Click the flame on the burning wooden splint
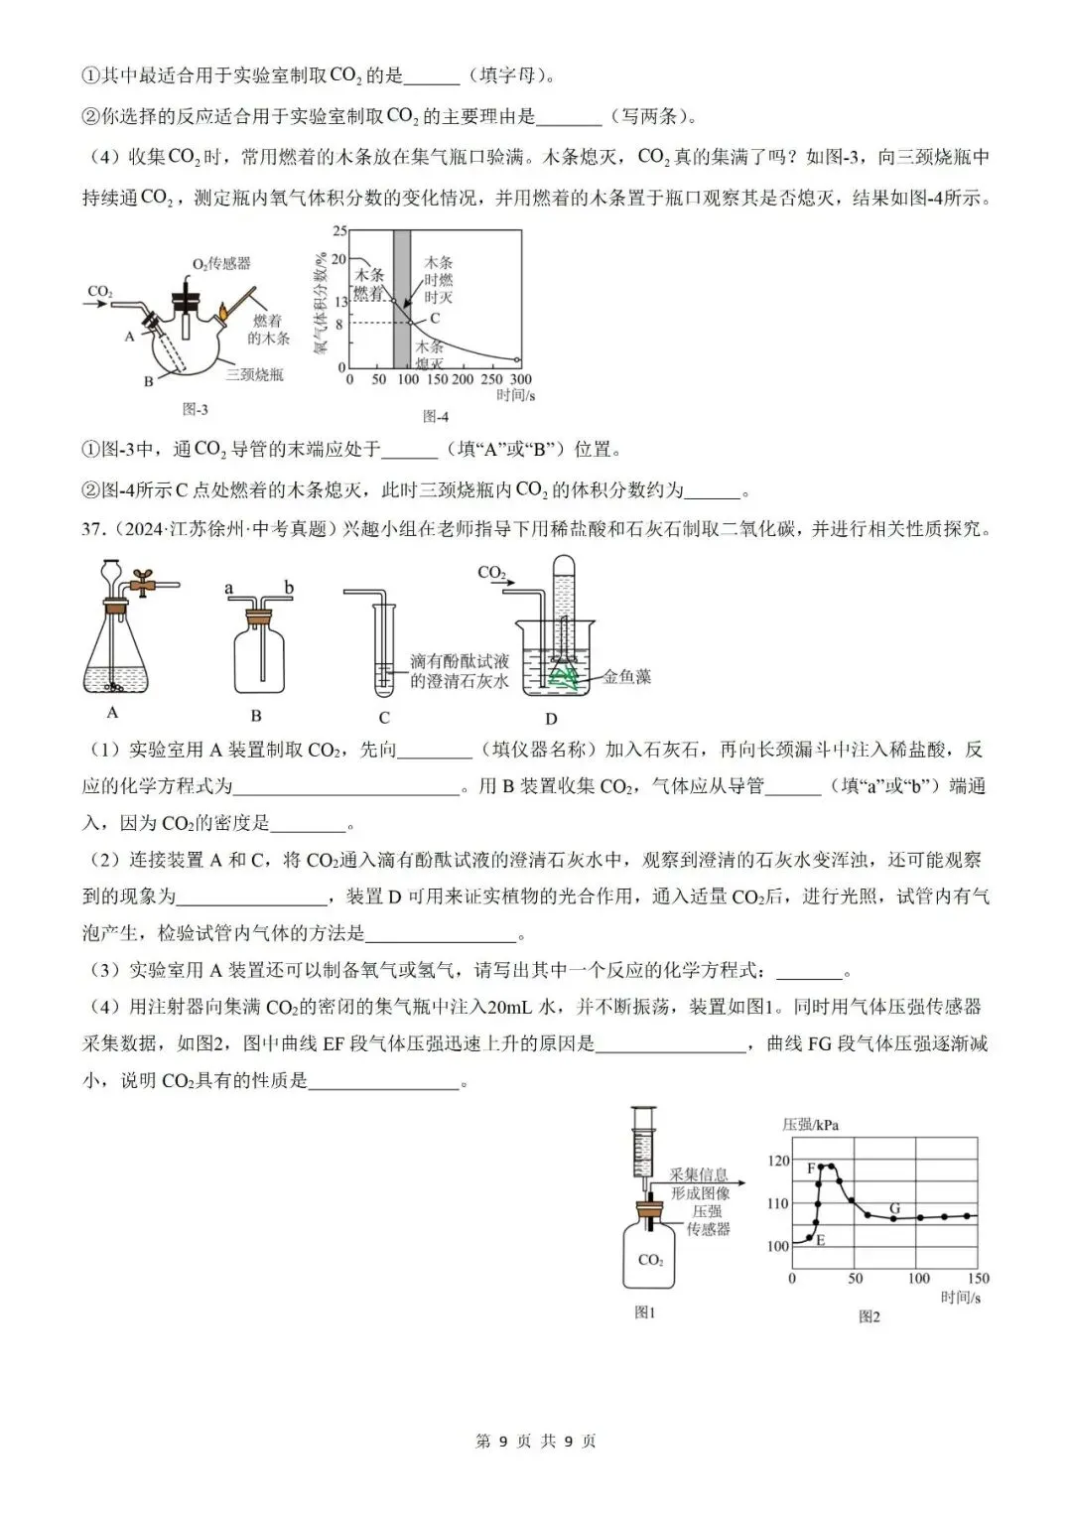coord(223,312)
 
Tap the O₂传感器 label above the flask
coord(221,263)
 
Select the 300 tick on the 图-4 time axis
coord(520,379)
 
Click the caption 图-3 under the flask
coord(196,409)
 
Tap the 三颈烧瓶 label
coord(254,374)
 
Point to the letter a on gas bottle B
coord(229,589)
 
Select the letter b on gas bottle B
coord(289,589)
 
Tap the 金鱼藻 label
coord(627,677)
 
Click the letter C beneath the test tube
coord(384,717)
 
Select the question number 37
coord(92,529)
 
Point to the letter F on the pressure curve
coord(811,1169)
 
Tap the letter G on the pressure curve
coord(894,1208)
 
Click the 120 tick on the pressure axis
coord(778,1161)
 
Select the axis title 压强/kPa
coord(810,1125)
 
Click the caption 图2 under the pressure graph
coord(870,1316)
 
